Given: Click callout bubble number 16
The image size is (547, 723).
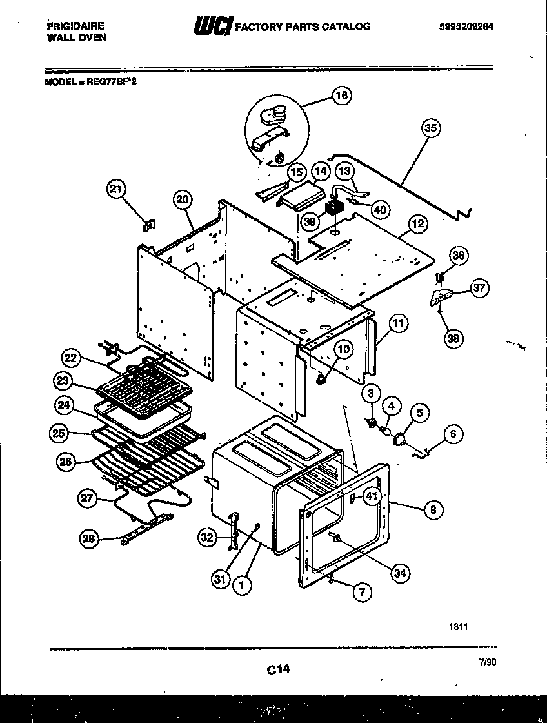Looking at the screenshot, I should click(x=341, y=96).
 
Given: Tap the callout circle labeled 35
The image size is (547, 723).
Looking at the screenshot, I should click(x=430, y=128).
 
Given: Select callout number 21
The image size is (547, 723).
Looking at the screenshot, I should click(x=116, y=188).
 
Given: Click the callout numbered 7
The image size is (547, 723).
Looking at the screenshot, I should click(x=363, y=593).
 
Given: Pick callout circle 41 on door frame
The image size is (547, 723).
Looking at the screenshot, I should click(x=371, y=496).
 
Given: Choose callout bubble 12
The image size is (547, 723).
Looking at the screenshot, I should click(x=417, y=224).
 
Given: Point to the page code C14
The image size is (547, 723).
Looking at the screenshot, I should click(x=277, y=671).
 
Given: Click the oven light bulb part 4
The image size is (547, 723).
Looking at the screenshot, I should click(x=386, y=429).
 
